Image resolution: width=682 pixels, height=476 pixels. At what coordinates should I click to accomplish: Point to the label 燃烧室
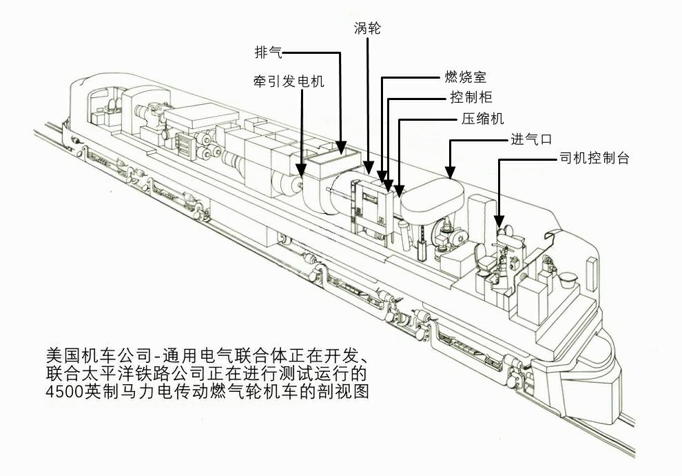coord(466,77)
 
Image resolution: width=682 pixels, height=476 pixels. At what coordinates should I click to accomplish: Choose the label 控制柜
coord(471,97)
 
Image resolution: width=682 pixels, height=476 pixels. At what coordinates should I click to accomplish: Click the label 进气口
coord(530,139)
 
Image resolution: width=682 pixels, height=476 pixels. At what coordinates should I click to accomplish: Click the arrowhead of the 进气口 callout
coord(450,175)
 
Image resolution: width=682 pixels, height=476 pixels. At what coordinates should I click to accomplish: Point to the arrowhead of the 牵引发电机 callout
coord(302,170)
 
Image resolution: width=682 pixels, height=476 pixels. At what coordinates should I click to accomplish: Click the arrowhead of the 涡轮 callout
coord(369,170)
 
